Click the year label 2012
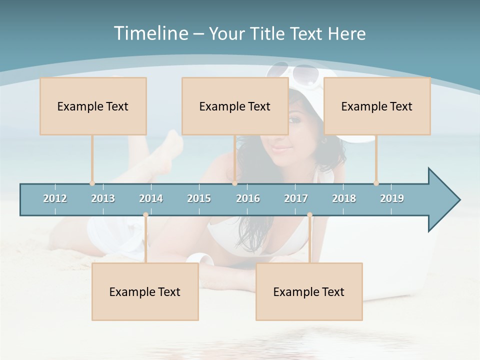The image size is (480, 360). point(55,198)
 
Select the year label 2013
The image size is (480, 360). point(103,198)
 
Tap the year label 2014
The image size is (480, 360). point(151,198)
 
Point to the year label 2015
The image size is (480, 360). point(199,198)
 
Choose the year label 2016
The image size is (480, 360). point(248,198)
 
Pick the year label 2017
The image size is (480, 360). point(296,198)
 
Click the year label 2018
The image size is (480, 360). point(344,198)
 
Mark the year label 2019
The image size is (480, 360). point(392,198)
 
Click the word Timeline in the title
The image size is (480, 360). point(150,33)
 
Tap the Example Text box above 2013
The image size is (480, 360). point(93,106)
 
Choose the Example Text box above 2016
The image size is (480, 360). point(235,106)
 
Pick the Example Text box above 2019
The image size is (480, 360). point(377,106)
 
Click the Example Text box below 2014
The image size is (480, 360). point(145,291)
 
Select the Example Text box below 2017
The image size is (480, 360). point(309,291)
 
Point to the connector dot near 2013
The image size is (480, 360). point(92,183)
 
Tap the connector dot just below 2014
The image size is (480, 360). point(145,215)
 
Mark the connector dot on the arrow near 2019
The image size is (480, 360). point(376,183)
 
